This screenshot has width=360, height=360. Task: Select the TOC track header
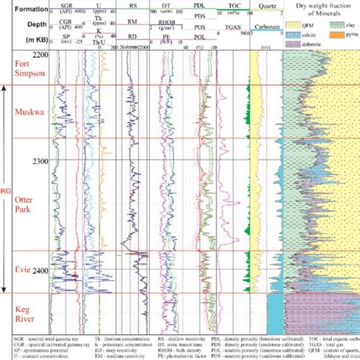[x=236, y=8]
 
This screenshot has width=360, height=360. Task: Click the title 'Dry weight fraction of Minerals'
[x=318, y=11]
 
